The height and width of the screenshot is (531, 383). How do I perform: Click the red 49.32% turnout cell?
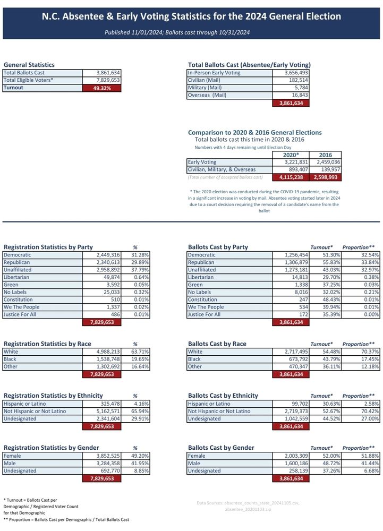coord(101,88)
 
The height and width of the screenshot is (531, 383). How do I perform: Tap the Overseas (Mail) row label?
coord(207,96)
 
